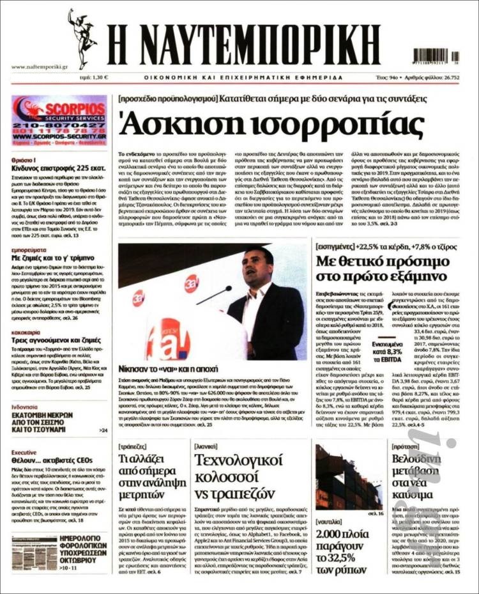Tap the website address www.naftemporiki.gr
[x=40, y=66]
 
